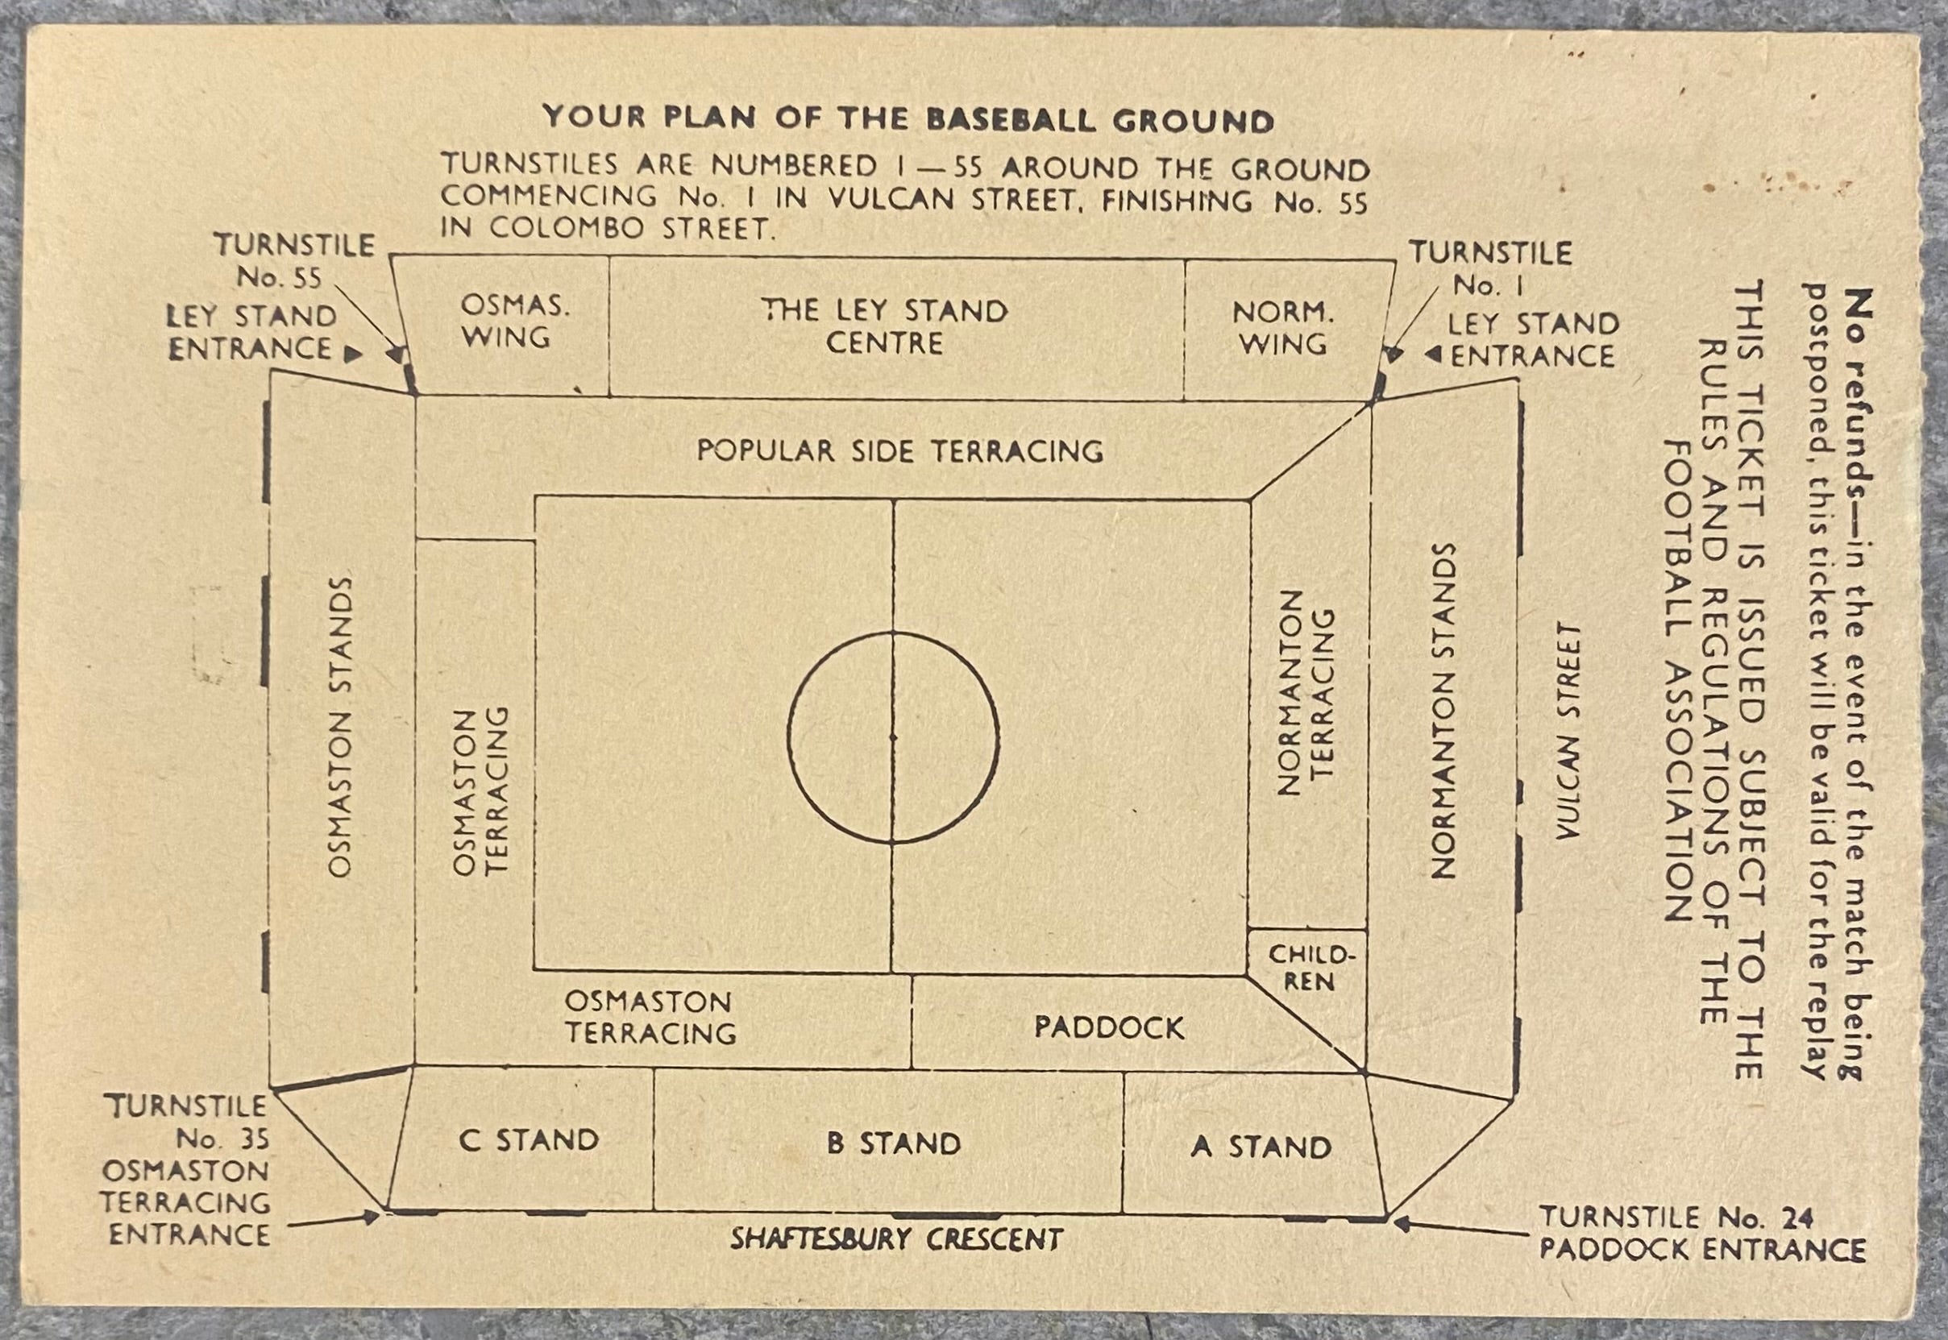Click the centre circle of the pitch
point(787,737)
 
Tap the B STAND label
point(893,1143)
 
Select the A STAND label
point(1261,1146)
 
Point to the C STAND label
point(529,1139)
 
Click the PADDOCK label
point(1109,1027)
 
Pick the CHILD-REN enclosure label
point(1311,967)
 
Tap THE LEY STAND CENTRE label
point(885,326)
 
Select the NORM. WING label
point(1283,327)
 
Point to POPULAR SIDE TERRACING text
point(900,451)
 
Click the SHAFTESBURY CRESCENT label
point(896,1239)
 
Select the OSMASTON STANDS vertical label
point(339,727)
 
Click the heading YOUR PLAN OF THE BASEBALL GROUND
point(908,118)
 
